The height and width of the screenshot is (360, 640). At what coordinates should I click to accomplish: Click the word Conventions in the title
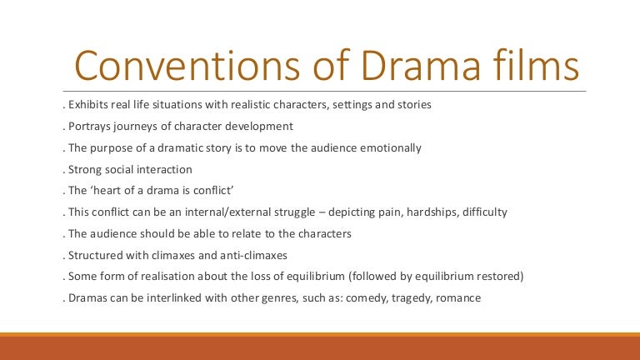(187, 66)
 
